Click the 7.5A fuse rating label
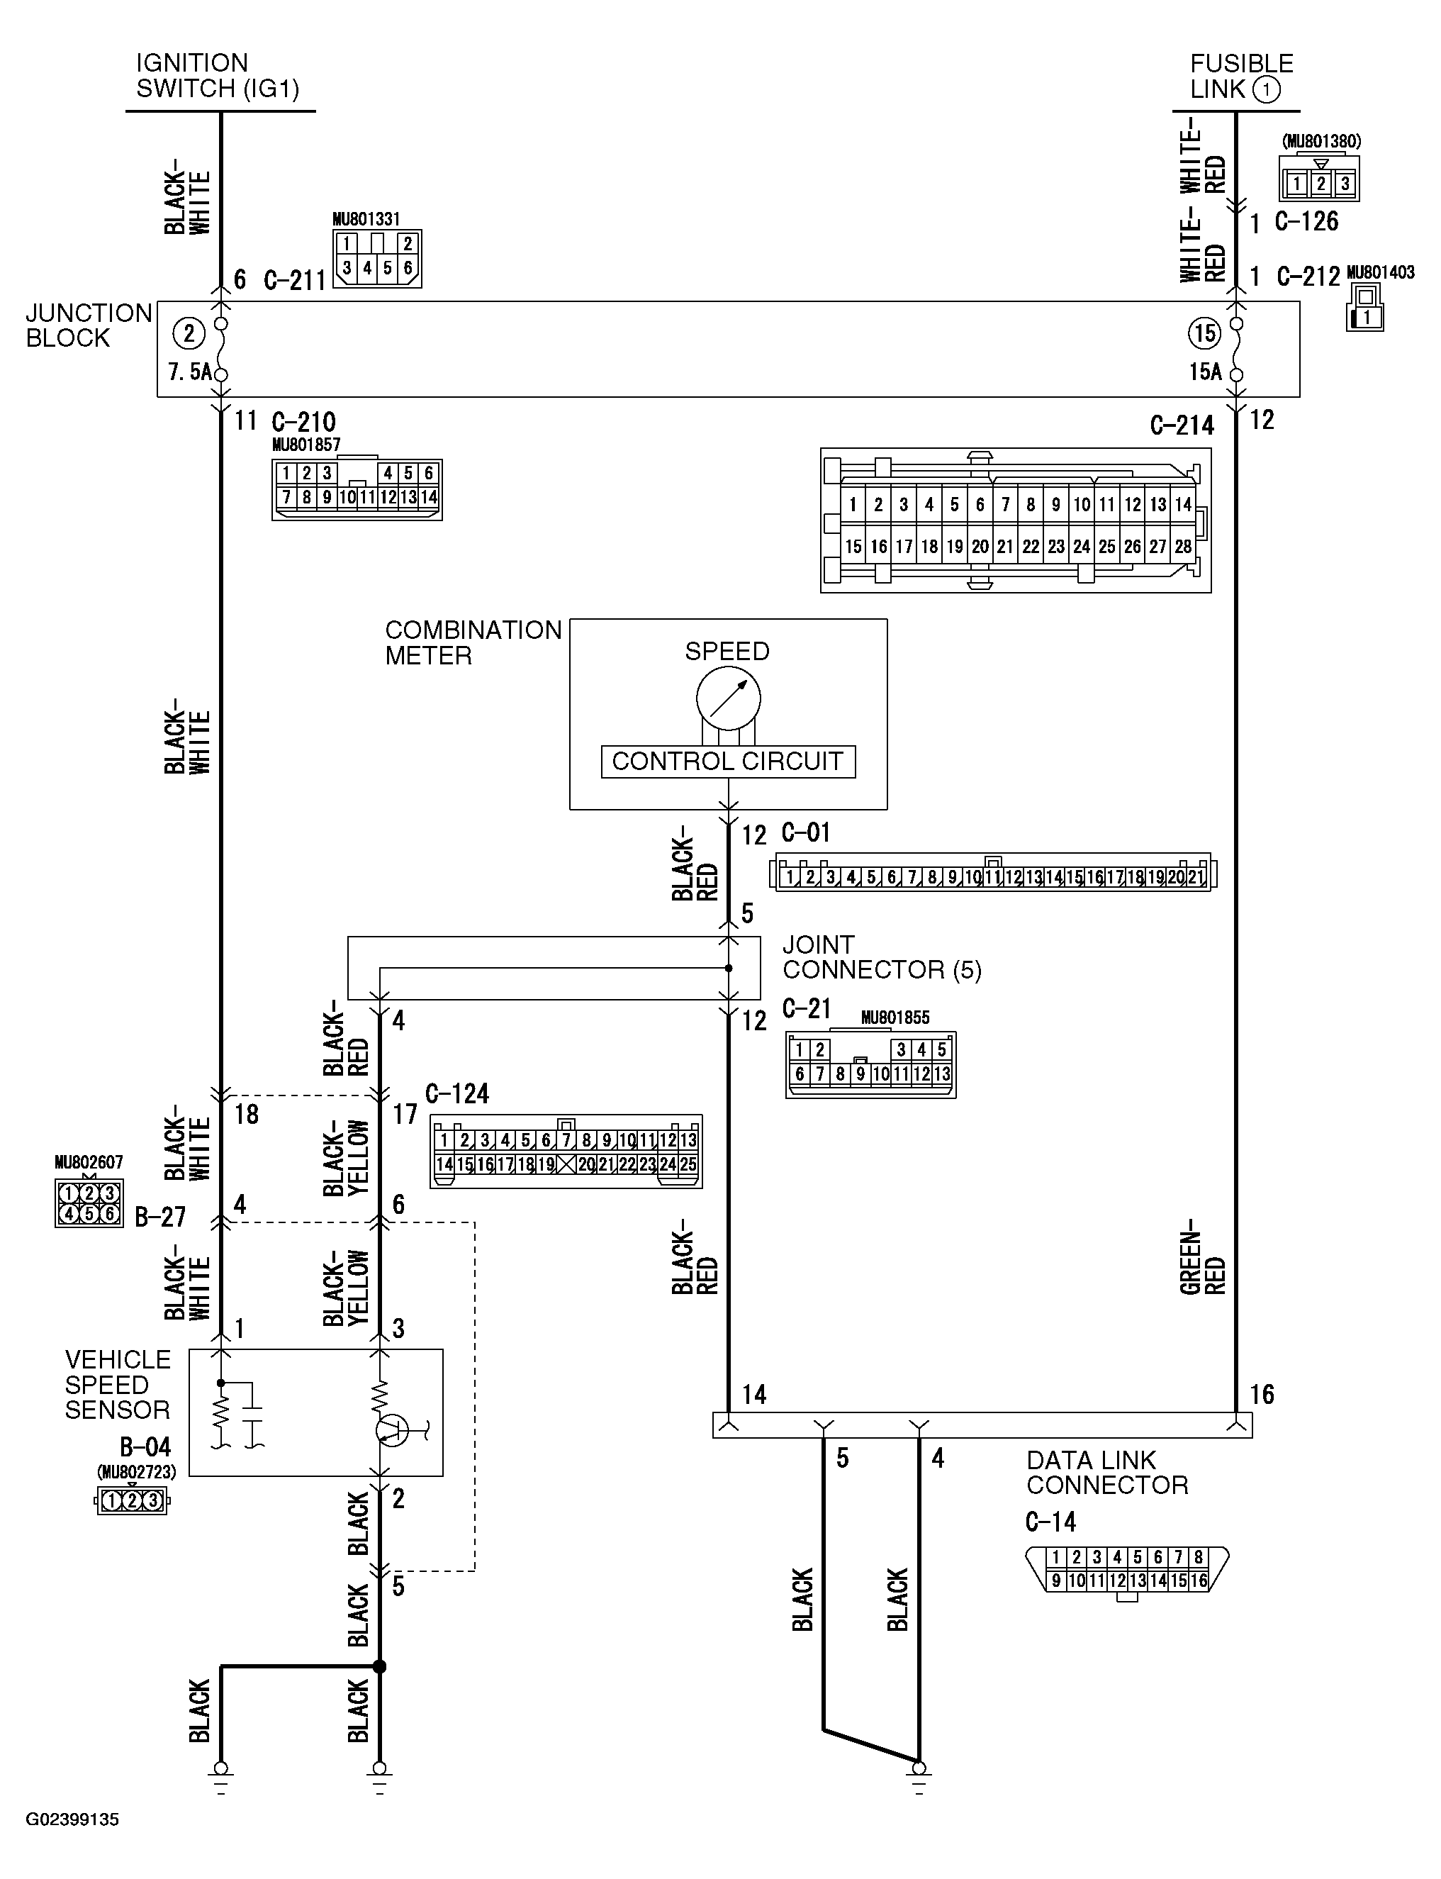(189, 372)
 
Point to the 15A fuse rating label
(1205, 372)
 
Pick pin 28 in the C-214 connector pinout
(1183, 547)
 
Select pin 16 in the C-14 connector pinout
(1199, 1580)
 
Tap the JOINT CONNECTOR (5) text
(881, 957)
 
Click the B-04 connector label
(145, 1447)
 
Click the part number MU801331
(366, 220)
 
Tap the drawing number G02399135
(72, 1820)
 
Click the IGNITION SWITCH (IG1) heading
(217, 75)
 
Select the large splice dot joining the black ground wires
(379, 1666)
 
